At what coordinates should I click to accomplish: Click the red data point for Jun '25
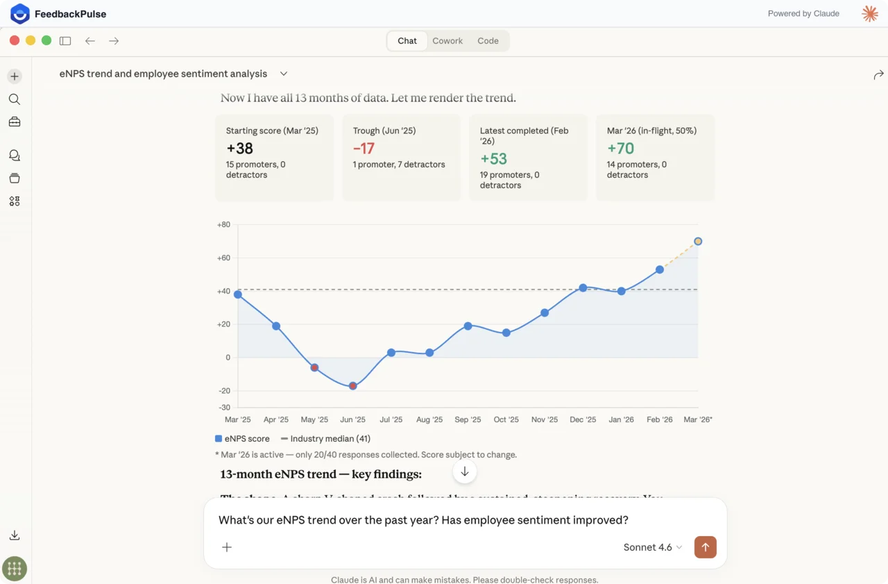[x=353, y=386]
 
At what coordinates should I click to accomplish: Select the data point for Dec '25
[x=583, y=287]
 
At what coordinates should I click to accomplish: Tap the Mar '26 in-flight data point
[x=698, y=242]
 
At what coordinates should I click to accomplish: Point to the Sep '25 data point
[x=468, y=326]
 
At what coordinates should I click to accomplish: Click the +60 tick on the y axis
[x=223, y=258]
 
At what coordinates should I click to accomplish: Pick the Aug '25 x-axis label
[x=429, y=419]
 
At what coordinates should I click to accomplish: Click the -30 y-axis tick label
[x=224, y=407]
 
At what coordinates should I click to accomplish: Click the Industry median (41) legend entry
[x=325, y=439]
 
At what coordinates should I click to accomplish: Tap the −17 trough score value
[x=364, y=148]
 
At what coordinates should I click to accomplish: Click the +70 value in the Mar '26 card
[x=621, y=148]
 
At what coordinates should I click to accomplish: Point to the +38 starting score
[x=240, y=148]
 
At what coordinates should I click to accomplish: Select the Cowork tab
[x=447, y=41]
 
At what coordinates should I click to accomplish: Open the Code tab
[x=488, y=41]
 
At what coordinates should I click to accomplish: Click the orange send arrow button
[x=706, y=547]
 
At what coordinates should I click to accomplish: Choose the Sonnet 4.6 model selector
[x=652, y=547]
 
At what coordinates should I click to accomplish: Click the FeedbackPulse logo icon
[x=20, y=13]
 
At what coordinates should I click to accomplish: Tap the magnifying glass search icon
[x=15, y=99]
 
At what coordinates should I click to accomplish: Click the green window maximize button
[x=46, y=40]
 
